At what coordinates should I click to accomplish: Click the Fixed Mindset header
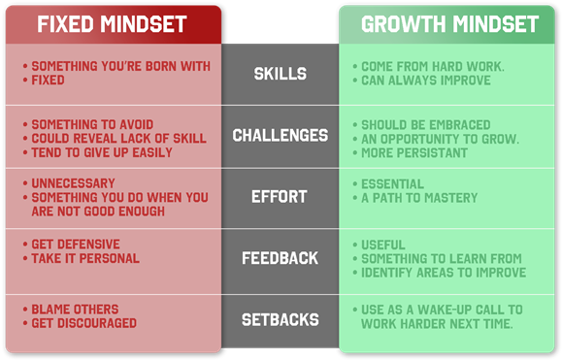tap(112, 24)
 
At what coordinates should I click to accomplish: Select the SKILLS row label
tap(280, 74)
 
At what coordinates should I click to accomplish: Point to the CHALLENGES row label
tap(280, 136)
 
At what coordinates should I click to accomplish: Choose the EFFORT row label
tap(280, 197)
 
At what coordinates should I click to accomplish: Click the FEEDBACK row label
tap(280, 258)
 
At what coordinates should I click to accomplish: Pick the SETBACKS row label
tap(280, 318)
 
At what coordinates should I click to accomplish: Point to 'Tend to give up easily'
tap(102, 152)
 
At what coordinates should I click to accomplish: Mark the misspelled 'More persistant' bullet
tap(414, 153)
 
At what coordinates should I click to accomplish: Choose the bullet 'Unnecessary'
tap(73, 183)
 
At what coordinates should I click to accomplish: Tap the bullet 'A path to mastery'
tap(419, 198)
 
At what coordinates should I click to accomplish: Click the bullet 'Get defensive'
tap(76, 245)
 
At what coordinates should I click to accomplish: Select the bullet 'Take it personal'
tap(85, 259)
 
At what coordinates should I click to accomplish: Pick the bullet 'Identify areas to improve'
tap(443, 273)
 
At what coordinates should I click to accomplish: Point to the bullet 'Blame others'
tap(75, 310)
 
